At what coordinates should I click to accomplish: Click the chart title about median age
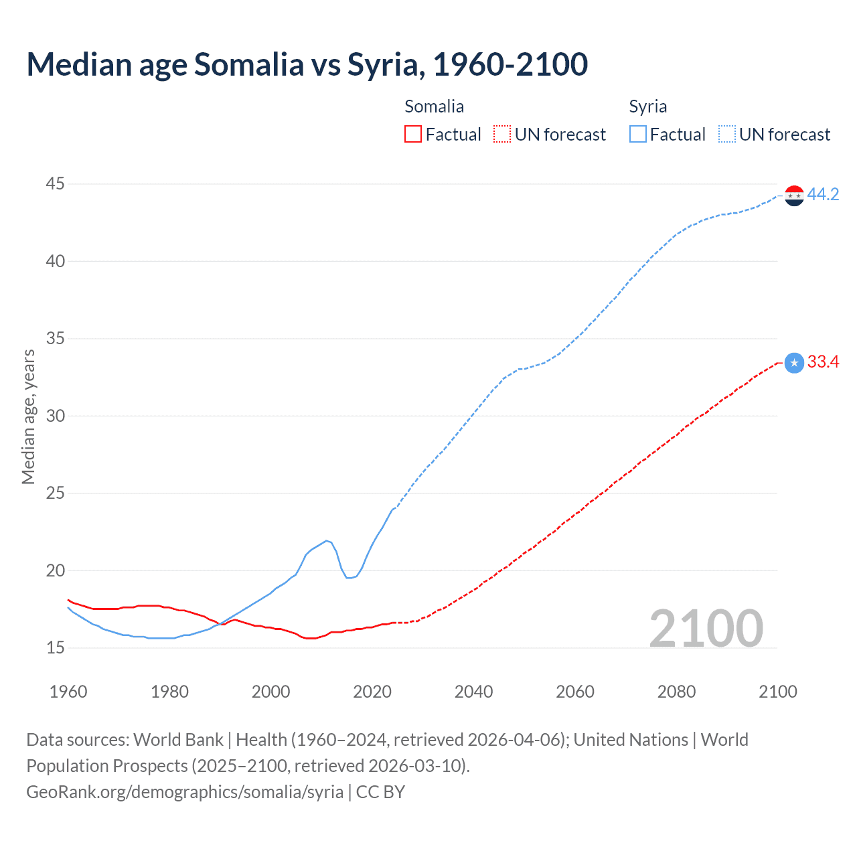pos(307,64)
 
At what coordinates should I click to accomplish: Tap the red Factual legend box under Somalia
pos(413,135)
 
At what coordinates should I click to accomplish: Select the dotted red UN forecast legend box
pos(502,135)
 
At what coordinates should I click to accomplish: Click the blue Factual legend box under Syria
pos(638,135)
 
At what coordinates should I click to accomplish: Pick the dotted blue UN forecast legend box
pos(727,135)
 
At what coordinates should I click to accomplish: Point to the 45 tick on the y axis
pos(56,183)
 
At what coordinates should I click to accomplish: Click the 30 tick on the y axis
pos(56,416)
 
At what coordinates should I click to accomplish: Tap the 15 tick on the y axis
pos(56,648)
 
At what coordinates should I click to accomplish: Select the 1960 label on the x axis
pos(68,692)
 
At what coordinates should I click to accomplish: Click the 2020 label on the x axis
pos(372,692)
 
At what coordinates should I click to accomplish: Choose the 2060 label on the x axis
pos(575,692)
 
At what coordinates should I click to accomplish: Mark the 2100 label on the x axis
pos(778,692)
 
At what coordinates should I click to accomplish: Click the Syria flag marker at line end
pos(794,196)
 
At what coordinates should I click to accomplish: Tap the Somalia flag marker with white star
pos(794,363)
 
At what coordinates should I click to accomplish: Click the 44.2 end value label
pos(823,195)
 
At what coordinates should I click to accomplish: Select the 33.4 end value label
pos(823,362)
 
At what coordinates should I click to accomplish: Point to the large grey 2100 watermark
pos(706,628)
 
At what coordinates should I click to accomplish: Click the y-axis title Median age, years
pos(28,416)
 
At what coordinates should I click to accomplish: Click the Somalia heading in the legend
pos(434,106)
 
